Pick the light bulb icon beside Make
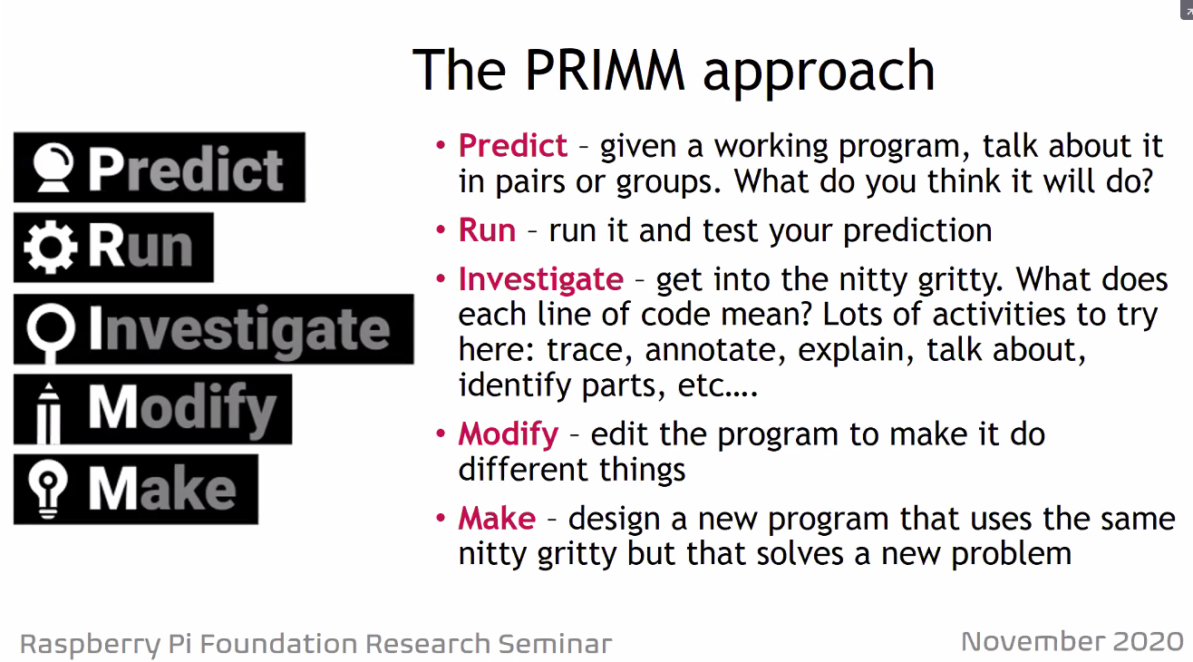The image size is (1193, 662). tap(44, 489)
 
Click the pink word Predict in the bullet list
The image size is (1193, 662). tap(513, 145)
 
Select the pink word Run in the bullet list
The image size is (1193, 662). tap(487, 230)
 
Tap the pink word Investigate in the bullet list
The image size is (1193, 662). tap(540, 279)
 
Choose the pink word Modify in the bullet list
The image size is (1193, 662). tap(508, 433)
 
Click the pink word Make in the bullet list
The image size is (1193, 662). tap(497, 518)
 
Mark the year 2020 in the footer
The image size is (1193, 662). tap(1145, 642)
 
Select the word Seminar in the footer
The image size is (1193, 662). tap(555, 644)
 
